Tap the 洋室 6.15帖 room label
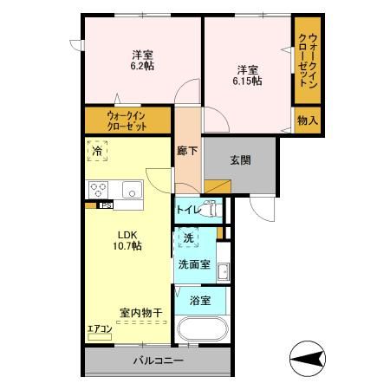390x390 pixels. (248, 75)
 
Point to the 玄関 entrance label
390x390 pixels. (240, 160)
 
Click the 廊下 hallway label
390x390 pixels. (187, 150)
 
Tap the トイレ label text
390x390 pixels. (189, 210)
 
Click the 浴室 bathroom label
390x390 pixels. (200, 301)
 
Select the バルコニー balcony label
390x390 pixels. (158, 361)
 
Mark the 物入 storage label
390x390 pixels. (306, 120)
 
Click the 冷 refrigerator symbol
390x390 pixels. (98, 153)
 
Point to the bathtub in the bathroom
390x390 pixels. (200, 331)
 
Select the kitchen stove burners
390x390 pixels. (96, 189)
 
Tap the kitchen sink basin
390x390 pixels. (132, 189)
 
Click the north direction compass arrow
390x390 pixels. (308, 356)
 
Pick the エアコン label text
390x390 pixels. (100, 328)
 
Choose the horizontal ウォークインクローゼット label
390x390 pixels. (127, 120)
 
